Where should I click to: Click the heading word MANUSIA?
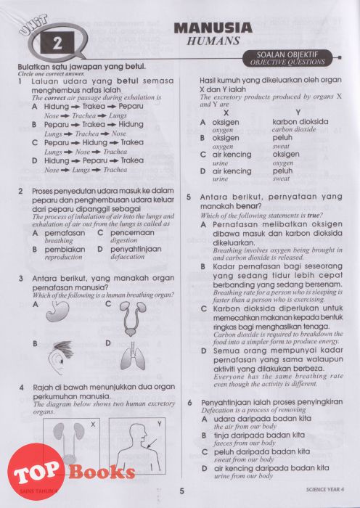tap(213, 28)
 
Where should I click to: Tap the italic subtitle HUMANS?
tap(213, 41)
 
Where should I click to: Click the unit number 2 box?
tap(57, 42)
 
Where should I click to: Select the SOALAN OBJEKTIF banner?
tap(287, 58)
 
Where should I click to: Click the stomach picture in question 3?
tap(58, 311)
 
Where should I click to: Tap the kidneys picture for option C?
tap(133, 319)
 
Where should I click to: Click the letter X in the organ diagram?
tap(93, 424)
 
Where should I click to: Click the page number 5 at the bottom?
tap(181, 491)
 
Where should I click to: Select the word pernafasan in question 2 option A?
tap(65, 233)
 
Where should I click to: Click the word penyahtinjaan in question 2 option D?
tap(136, 249)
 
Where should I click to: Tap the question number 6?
tap(190, 402)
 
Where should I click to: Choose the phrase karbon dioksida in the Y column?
tap(300, 122)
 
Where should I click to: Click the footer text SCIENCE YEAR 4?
tap(324, 489)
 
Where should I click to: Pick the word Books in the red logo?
tap(102, 472)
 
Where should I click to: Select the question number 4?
tap(21, 388)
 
